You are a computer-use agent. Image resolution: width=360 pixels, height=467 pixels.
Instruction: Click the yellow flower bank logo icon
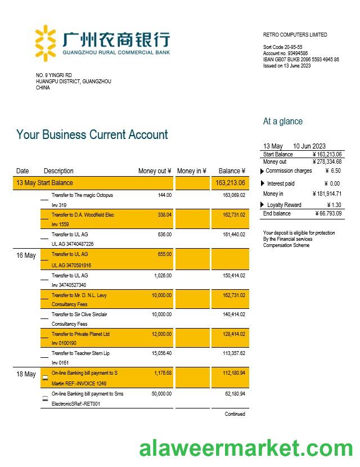[x=46, y=42]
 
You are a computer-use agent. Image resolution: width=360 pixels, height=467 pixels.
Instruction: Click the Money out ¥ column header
[x=155, y=171]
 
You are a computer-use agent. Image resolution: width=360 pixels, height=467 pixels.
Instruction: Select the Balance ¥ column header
[x=232, y=171]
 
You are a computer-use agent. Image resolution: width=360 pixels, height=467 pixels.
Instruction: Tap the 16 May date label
[x=26, y=255]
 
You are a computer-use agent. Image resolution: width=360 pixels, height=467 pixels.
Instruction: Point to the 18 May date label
[x=26, y=374]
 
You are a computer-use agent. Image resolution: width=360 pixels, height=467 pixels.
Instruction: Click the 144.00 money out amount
[x=165, y=195]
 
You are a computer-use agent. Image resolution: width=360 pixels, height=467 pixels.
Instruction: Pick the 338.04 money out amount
[x=165, y=215]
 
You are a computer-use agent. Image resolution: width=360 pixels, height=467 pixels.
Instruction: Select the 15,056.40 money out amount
[x=161, y=353]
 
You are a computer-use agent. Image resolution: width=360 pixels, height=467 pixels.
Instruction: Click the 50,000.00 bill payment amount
[x=161, y=394]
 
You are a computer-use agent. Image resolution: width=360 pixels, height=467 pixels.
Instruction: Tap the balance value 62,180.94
[x=234, y=394]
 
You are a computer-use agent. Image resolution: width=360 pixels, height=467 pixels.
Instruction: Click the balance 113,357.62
[x=234, y=353]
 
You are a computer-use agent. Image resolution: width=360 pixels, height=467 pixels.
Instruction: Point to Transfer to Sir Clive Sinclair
[x=79, y=315]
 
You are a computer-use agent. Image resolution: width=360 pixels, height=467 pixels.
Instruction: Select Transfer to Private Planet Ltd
[x=80, y=334]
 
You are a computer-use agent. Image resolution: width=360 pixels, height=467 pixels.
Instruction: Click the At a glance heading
[x=282, y=122]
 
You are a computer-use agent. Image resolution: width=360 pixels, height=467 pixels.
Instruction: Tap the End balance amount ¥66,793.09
[x=328, y=214]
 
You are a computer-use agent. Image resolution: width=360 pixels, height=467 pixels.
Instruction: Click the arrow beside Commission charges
[x=262, y=171]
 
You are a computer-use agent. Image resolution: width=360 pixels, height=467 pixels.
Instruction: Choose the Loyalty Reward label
[x=284, y=205]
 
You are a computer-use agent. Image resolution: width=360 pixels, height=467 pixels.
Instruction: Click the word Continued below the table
[x=235, y=414]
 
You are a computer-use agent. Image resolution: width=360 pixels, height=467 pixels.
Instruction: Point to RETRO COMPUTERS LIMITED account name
[x=295, y=35]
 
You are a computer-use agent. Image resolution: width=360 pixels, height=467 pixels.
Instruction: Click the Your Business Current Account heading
[x=92, y=135]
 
